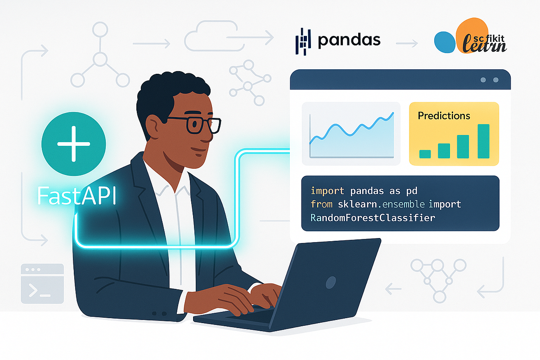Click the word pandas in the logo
[x=349, y=40]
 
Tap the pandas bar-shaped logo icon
[x=303, y=41]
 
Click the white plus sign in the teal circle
[x=73, y=144]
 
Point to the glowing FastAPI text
[x=76, y=197]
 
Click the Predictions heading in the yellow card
[x=444, y=116]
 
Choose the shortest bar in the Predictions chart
[x=425, y=154]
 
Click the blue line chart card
[x=351, y=134]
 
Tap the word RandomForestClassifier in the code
[x=373, y=218]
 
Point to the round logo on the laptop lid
[x=331, y=282]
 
